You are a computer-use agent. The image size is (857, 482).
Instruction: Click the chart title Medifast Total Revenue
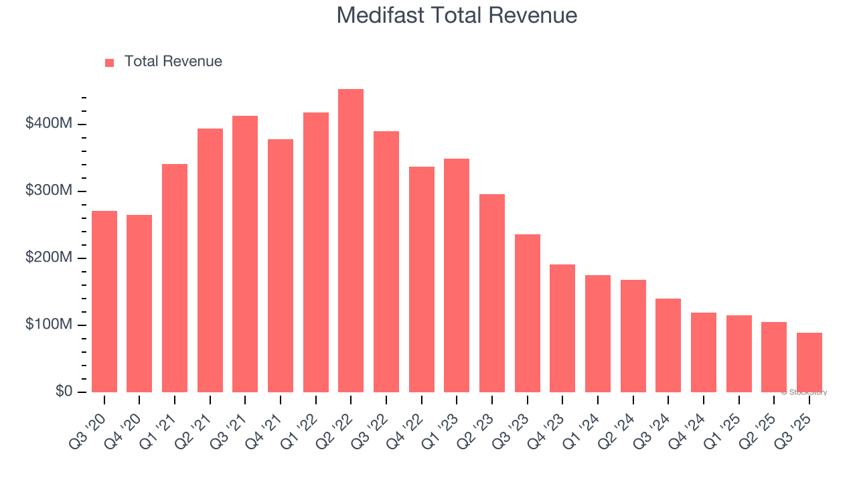(x=457, y=15)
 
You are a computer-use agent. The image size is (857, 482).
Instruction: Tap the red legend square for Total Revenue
(x=110, y=62)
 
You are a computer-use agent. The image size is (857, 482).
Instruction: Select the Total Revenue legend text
(x=173, y=62)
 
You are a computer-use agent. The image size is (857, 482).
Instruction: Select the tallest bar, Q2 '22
(x=351, y=241)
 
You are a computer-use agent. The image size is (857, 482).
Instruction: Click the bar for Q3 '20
(x=104, y=301)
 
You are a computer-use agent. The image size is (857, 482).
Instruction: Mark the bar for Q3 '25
(x=809, y=362)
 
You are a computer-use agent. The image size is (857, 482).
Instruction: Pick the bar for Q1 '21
(x=175, y=278)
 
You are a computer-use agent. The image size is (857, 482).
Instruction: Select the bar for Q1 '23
(x=457, y=275)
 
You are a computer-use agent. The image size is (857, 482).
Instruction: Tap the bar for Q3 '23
(x=527, y=313)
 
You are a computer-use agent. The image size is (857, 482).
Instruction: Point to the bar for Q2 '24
(x=633, y=336)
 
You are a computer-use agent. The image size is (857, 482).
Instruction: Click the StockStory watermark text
(x=804, y=392)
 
